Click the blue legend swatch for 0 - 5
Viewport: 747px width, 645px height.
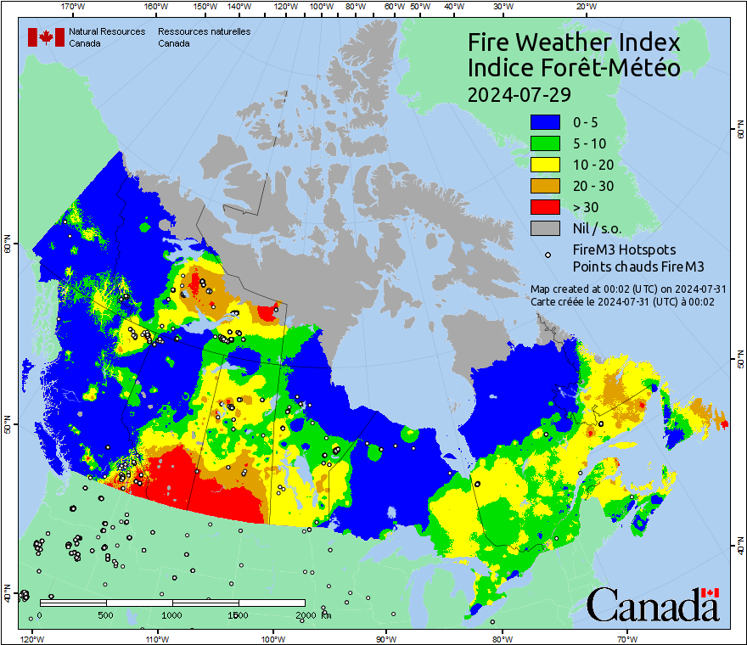point(548,122)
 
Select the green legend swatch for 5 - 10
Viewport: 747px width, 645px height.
point(548,143)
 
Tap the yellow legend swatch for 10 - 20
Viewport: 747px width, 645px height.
point(548,165)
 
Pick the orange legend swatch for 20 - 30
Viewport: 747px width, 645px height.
point(548,186)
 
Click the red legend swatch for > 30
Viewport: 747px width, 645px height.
point(548,207)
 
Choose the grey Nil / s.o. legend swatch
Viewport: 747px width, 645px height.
point(548,228)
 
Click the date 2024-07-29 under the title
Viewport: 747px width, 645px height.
point(519,93)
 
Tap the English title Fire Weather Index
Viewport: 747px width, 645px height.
point(574,42)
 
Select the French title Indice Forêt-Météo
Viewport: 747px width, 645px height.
point(574,68)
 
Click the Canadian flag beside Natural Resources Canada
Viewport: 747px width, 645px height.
point(45,37)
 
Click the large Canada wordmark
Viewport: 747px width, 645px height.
point(653,604)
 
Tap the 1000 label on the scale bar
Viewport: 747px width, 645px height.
point(172,614)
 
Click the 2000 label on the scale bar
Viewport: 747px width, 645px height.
point(305,614)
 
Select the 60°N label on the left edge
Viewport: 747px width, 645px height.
point(7,247)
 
